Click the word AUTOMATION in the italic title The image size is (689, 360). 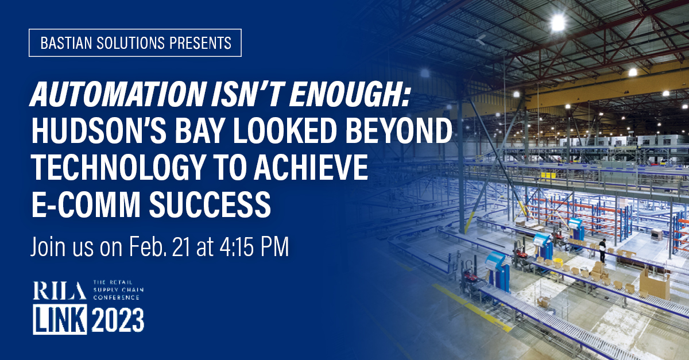coord(118,95)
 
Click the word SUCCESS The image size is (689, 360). coord(210,204)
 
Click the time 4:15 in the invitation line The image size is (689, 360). coord(236,246)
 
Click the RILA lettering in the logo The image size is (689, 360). coord(60,291)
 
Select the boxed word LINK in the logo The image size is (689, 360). coord(60,319)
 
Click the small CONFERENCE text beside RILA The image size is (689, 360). coord(117,297)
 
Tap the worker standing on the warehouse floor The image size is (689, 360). coord(602,251)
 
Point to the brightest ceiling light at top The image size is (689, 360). coord(558,22)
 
